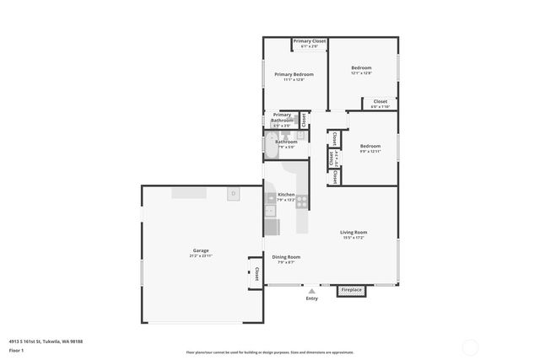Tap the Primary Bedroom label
click(294, 75)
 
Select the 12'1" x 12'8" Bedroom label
click(361, 69)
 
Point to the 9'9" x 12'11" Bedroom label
click(370, 148)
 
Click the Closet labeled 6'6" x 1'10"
click(381, 103)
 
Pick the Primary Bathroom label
click(282, 119)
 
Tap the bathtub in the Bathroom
click(272, 147)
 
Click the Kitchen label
click(286, 196)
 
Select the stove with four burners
click(301, 201)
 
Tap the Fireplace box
click(351, 290)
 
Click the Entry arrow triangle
click(311, 291)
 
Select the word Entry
click(312, 298)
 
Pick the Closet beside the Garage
click(256, 273)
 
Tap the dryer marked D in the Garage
click(233, 193)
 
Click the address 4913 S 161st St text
click(46, 341)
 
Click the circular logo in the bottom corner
click(469, 346)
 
